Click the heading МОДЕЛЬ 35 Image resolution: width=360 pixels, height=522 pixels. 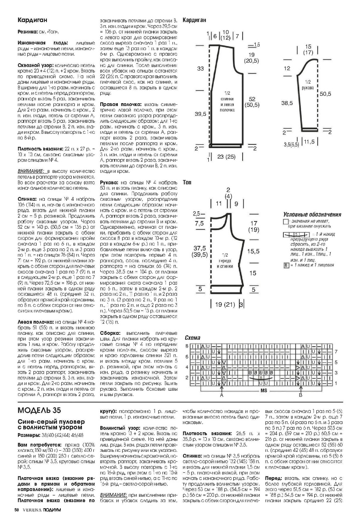tap(40, 409)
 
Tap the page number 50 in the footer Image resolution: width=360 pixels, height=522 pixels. tap(17, 510)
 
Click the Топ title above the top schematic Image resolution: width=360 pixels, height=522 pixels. tap(187, 182)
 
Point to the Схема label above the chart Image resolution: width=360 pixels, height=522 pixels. tap(192, 338)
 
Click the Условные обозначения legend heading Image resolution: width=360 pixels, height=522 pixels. tap(312, 215)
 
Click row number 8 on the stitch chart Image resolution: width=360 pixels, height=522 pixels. tap(187, 346)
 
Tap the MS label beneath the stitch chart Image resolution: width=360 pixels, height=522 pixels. tap(264, 391)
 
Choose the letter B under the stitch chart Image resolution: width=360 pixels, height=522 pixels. tap(300, 396)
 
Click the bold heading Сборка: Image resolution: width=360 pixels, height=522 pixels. tap(110, 332)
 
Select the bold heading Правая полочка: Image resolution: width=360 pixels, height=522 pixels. tap(118, 104)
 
